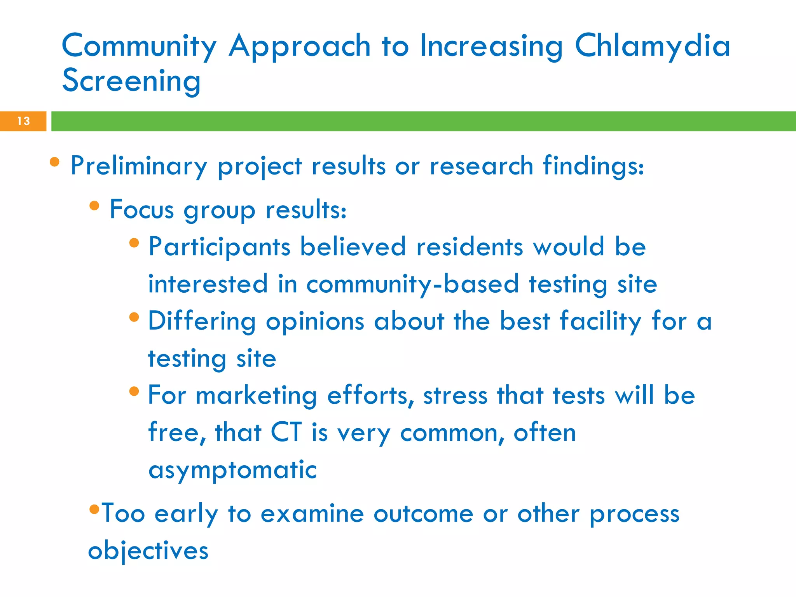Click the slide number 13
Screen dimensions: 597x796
[x=23, y=121]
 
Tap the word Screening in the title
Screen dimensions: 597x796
[x=131, y=81]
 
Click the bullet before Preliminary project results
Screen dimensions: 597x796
[x=55, y=162]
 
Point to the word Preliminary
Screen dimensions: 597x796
[x=139, y=166]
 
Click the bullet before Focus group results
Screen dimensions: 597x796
[x=94, y=205]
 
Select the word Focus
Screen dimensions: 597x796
[x=141, y=210]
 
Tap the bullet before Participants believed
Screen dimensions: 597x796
[x=134, y=243]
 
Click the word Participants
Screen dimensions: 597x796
[x=219, y=247]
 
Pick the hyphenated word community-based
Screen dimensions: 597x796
[x=412, y=284]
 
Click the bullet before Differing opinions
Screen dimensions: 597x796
[x=134, y=317]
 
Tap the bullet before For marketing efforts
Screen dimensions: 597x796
[x=134, y=391]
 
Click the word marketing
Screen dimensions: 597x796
[x=257, y=396]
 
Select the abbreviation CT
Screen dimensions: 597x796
[x=286, y=432]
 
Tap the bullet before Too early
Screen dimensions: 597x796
[x=94, y=508]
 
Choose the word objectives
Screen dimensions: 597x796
[x=148, y=551]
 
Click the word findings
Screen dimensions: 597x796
[x=593, y=166]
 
